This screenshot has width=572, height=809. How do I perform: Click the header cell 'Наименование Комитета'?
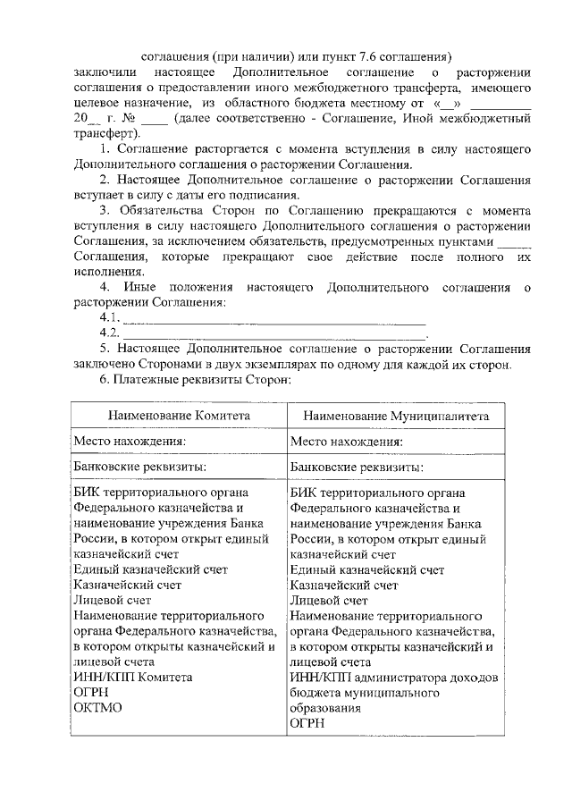(x=180, y=416)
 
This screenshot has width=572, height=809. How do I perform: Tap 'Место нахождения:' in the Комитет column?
(x=130, y=442)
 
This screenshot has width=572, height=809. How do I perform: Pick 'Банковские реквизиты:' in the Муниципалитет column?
(x=357, y=467)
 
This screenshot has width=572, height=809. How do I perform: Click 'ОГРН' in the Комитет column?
(x=91, y=692)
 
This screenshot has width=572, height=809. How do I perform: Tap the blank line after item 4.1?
(x=273, y=318)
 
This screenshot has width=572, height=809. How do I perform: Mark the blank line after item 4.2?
(x=273, y=333)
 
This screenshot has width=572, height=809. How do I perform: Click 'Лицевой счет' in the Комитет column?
(x=112, y=600)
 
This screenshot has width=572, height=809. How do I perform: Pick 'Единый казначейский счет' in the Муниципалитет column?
(x=367, y=569)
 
